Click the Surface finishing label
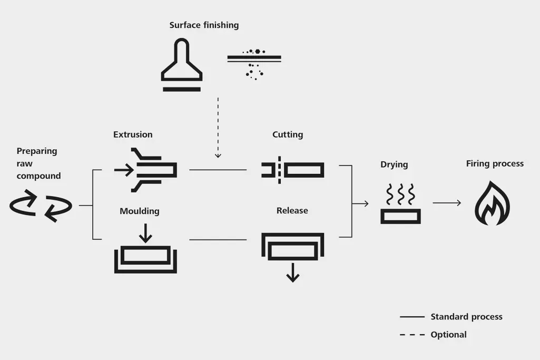tap(204, 25)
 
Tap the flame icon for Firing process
tap(493, 203)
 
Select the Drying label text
tap(394, 164)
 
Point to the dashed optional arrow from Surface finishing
tap(218, 127)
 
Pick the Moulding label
tap(139, 211)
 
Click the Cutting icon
tap(292, 170)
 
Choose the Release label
tap(292, 211)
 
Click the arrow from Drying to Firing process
tap(447, 203)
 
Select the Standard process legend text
tap(466, 317)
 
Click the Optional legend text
tap(448, 335)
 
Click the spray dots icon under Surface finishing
tap(254, 63)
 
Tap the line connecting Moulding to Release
tap(218, 240)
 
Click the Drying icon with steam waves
tap(400, 205)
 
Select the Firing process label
tap(495, 164)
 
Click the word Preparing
tap(37, 151)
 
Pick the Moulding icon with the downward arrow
tap(145, 253)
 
